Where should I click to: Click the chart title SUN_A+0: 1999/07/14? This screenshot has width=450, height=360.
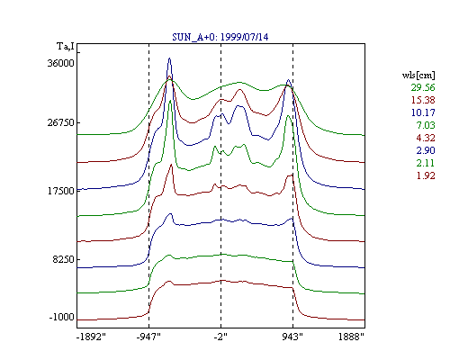pyautogui.click(x=220, y=37)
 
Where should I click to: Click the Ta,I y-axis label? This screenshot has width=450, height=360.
pyautogui.click(x=66, y=47)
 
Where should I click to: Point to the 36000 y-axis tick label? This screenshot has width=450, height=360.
pyautogui.click(x=60, y=63)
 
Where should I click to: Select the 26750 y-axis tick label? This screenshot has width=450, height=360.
pyautogui.click(x=60, y=122)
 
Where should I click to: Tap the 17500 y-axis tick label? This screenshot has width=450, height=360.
pyautogui.click(x=60, y=191)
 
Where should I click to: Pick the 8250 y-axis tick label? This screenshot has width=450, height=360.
pyautogui.click(x=63, y=259)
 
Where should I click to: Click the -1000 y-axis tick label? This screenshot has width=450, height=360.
pyautogui.click(x=62, y=317)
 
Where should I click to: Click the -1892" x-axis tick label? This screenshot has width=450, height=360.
pyautogui.click(x=91, y=337)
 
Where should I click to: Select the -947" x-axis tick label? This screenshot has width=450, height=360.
pyautogui.click(x=148, y=337)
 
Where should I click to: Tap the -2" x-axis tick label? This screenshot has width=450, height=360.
pyautogui.click(x=220, y=337)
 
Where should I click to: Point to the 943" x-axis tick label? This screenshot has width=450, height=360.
pyautogui.click(x=292, y=337)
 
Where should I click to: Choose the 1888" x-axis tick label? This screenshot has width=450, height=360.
pyautogui.click(x=351, y=337)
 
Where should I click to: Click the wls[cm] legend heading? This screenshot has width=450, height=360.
pyautogui.click(x=418, y=76)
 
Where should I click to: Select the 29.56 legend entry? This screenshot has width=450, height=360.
pyautogui.click(x=423, y=87)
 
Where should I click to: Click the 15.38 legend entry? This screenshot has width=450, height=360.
pyautogui.click(x=423, y=100)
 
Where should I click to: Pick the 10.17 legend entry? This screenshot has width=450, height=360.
pyautogui.click(x=423, y=112)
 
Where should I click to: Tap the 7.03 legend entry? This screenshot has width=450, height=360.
pyautogui.click(x=426, y=125)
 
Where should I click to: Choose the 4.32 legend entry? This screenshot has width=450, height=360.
pyautogui.click(x=426, y=138)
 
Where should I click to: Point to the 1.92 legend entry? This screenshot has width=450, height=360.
pyautogui.click(x=426, y=175)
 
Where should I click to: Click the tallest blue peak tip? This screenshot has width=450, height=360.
pyautogui.click(x=169, y=58)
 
